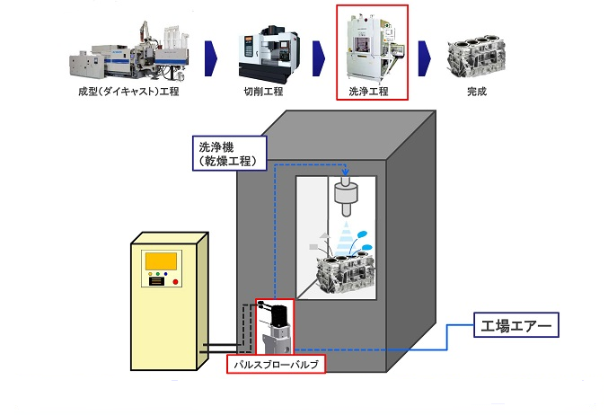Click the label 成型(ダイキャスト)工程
(x=128, y=91)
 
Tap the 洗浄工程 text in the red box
(x=372, y=91)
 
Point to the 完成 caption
(x=477, y=91)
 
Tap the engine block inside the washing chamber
(x=339, y=269)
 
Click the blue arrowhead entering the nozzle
(x=344, y=172)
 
